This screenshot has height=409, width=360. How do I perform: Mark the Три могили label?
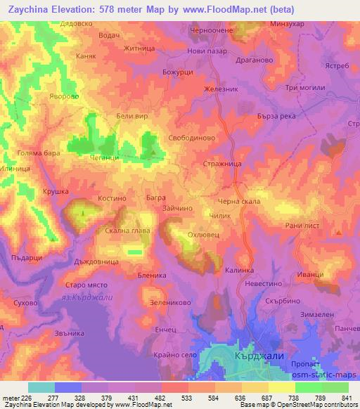tap(304, 86)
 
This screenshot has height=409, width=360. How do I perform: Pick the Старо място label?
tap(84, 284)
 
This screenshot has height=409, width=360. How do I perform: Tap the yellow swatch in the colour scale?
tap(282, 387)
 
